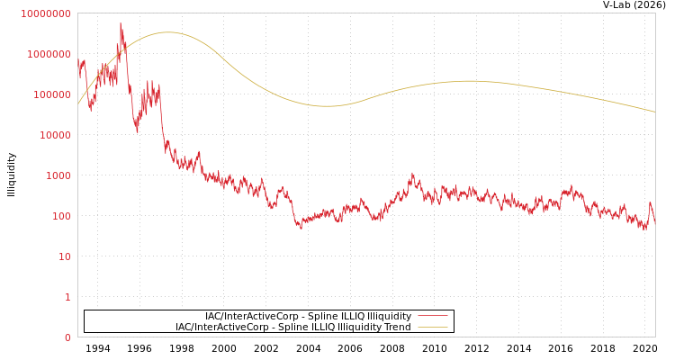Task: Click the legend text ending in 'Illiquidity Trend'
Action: pyautogui.click(x=293, y=327)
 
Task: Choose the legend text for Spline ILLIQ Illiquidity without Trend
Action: pyautogui.click(x=308, y=316)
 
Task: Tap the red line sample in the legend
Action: pyautogui.click(x=433, y=316)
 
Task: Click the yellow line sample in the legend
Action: pyautogui.click(x=433, y=327)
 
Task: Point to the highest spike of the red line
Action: pyautogui.click(x=121, y=23)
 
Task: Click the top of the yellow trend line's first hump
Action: pyautogui.click(x=167, y=32)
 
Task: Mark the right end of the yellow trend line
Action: pyautogui.click(x=654, y=112)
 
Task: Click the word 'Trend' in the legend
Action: pyautogui.click(x=398, y=327)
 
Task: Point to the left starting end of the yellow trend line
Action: pyautogui.click(x=78, y=103)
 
